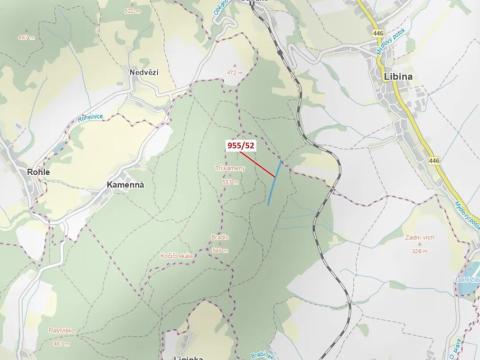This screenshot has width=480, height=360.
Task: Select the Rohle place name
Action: coord(38,172)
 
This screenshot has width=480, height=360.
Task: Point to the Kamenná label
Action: coord(127,185)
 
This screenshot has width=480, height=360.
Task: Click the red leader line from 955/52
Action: coord(258,163)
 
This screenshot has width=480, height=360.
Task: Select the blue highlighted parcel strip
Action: coord(274,182)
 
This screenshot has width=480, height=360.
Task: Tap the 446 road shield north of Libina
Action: coord(378,33)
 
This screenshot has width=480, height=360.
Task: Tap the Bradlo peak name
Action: coord(221,238)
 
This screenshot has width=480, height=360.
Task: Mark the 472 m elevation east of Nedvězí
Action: coord(232,73)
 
